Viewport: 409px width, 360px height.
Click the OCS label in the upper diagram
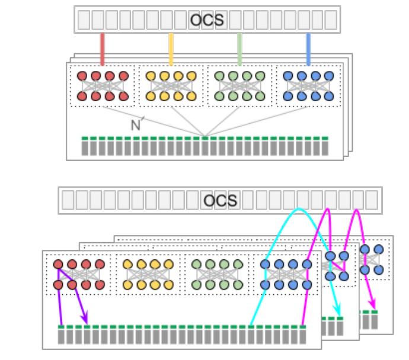click(x=207, y=20)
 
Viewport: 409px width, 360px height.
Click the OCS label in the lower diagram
click(x=220, y=201)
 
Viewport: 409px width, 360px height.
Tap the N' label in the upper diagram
click(x=137, y=124)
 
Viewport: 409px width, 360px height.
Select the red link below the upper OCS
click(x=102, y=49)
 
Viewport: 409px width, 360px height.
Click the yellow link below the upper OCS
click(x=171, y=49)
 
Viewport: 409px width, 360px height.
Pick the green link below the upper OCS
click(x=239, y=49)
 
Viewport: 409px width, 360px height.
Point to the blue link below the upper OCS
click(x=308, y=49)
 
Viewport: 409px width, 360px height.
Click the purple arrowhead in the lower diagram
click(x=85, y=318)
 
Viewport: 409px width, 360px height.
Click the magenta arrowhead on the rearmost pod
click(x=372, y=304)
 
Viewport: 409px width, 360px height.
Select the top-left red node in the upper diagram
click(x=82, y=76)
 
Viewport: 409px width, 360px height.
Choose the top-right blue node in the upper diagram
click(x=329, y=76)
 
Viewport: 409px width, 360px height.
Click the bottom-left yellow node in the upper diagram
click(x=151, y=97)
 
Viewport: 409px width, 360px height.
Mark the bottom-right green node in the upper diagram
click(x=260, y=97)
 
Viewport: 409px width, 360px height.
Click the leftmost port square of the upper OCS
click(x=84, y=20)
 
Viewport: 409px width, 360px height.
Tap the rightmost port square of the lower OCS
click(x=372, y=200)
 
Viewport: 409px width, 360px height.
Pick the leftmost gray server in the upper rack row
click(x=85, y=146)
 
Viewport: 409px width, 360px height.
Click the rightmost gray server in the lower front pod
click(x=302, y=335)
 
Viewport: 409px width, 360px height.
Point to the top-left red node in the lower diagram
click(x=58, y=264)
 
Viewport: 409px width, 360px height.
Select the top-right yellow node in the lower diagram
click(x=169, y=264)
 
